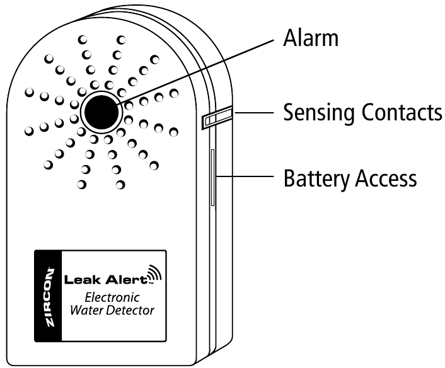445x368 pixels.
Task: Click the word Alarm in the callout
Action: click(310, 38)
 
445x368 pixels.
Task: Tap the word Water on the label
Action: click(91, 311)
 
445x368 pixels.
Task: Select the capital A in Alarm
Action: click(290, 38)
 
